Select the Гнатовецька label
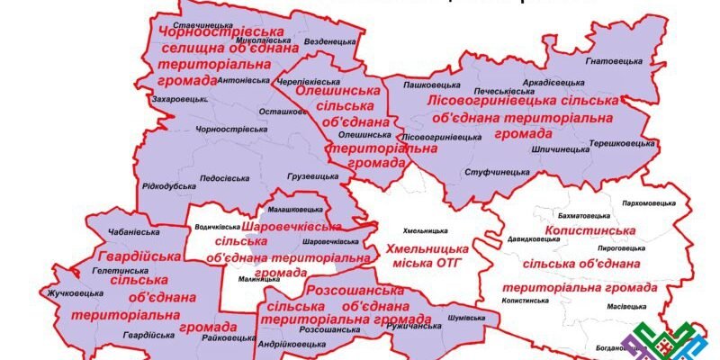pos(615,60)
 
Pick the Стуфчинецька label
pos(495,171)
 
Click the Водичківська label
pos(217,227)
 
